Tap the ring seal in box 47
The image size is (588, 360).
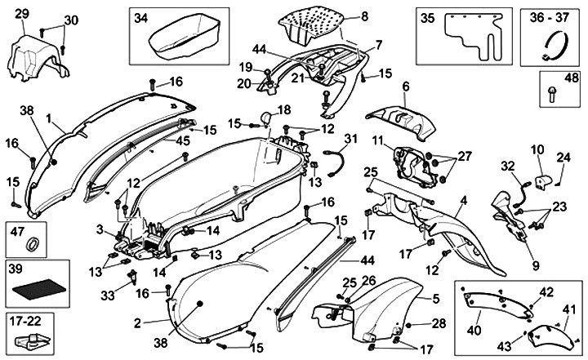pyautogui.click(x=33, y=243)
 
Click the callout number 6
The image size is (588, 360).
pyautogui.click(x=405, y=85)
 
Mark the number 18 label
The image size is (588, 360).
pyautogui.click(x=284, y=109)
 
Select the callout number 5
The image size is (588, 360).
pyautogui.click(x=436, y=300)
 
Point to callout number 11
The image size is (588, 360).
pyautogui.click(x=377, y=141)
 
